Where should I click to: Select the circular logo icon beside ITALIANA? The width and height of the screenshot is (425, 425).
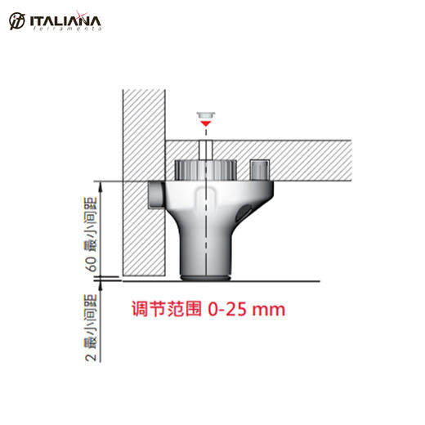[16, 20]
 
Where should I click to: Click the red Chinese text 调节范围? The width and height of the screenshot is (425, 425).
[168, 311]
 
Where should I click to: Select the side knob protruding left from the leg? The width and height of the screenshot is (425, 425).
[157, 195]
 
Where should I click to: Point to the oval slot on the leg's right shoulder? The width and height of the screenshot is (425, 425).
[243, 213]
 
